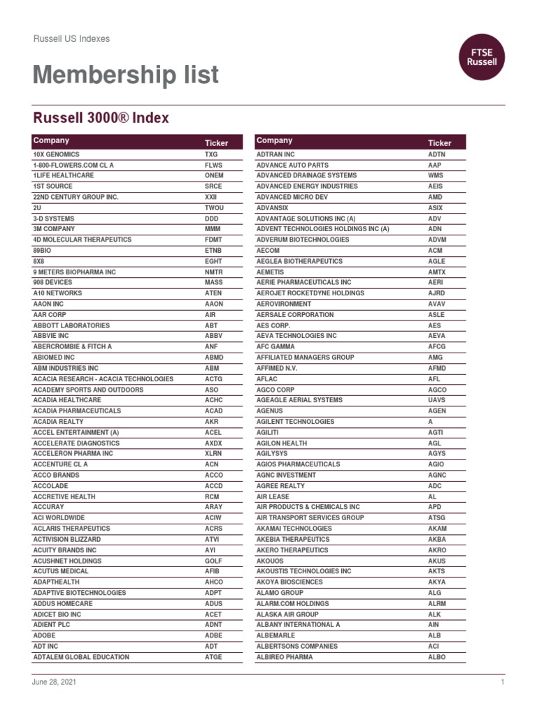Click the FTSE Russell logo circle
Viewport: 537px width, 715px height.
pyautogui.click(x=482, y=57)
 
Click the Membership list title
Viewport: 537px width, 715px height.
pyautogui.click(x=126, y=75)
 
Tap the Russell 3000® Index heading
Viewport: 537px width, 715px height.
pyautogui.click(x=101, y=118)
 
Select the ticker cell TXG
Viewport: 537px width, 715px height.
pyautogui.click(x=211, y=154)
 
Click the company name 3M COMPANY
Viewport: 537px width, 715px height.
pyautogui.click(x=54, y=229)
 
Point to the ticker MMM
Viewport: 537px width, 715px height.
pyautogui.click(x=213, y=229)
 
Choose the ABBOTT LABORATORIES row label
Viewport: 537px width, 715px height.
pyautogui.click(x=71, y=325)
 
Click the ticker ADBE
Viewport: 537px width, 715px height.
pyautogui.click(x=214, y=636)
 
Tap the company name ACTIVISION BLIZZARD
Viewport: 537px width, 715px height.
pyautogui.click(x=67, y=540)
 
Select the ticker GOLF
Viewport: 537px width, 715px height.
pyautogui.click(x=213, y=561)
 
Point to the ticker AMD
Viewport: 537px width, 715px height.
pyautogui.click(x=435, y=197)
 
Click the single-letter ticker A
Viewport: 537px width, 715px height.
pyautogui.click(x=431, y=422)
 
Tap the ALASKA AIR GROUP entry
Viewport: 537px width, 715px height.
pyautogui.click(x=287, y=614)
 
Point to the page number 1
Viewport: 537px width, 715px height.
pyautogui.click(x=502, y=682)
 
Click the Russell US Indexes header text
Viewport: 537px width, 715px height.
pyautogui.click(x=72, y=39)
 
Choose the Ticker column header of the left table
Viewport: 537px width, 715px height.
pyautogui.click(x=217, y=142)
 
